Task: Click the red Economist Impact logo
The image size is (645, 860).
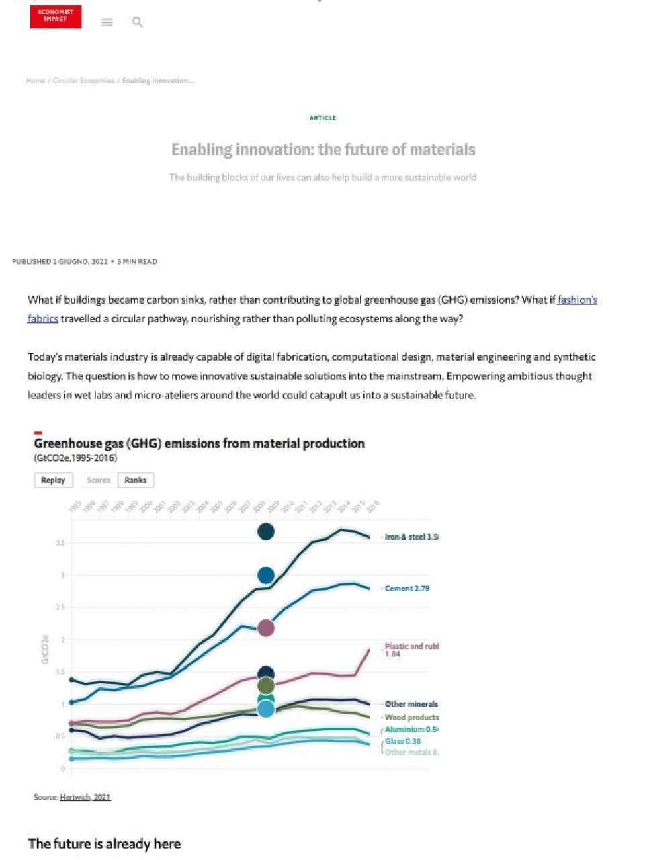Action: [x=56, y=17]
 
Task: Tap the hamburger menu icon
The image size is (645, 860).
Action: [x=107, y=22]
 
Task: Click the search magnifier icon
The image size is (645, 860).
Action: [x=138, y=22]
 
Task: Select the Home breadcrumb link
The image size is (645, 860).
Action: [x=36, y=81]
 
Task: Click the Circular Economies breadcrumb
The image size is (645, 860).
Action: [x=83, y=81]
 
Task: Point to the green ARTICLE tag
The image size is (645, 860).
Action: [x=322, y=118]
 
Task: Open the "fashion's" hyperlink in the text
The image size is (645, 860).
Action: [x=577, y=300]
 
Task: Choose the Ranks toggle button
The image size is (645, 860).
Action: [x=135, y=480]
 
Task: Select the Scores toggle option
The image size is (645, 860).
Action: [x=98, y=480]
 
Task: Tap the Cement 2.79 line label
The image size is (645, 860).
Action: [x=406, y=588]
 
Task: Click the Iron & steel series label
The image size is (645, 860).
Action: [x=411, y=537]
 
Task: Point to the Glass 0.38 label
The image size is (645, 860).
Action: [x=402, y=741]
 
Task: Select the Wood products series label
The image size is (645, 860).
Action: [x=411, y=717]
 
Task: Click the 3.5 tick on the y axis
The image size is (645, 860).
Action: [x=60, y=543]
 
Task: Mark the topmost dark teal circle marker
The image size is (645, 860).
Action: [x=266, y=531]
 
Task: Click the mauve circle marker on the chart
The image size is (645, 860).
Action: [x=266, y=628]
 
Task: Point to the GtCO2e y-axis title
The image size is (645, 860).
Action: [x=45, y=650]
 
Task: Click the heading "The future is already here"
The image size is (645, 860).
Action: [x=104, y=844]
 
